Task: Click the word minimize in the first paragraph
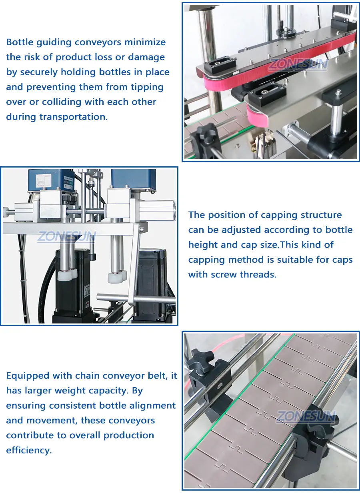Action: point(145,42)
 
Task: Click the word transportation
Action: point(74,117)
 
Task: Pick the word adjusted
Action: point(241,230)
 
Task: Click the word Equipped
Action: point(28,376)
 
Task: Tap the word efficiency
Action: point(29,450)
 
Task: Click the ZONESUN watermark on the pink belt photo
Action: point(298,64)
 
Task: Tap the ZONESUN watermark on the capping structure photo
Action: point(67,236)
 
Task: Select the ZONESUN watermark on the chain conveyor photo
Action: point(306,417)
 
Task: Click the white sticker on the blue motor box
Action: point(44,180)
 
